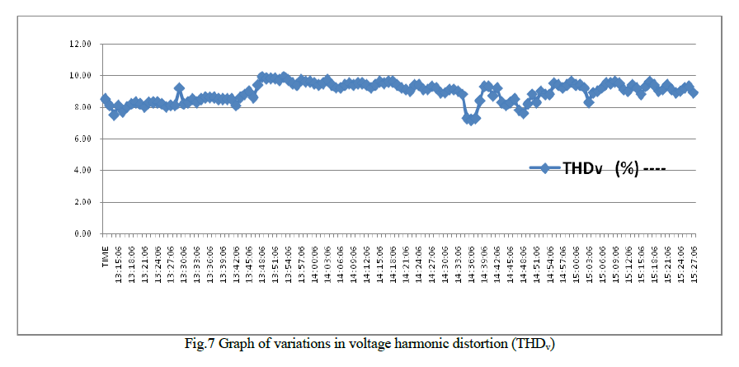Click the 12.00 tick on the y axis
coord(81,44)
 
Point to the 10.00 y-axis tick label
coord(81,75)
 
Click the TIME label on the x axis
coord(106,256)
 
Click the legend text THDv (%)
coord(601,168)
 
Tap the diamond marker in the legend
coord(544,168)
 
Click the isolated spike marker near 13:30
coord(179,88)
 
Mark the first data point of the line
coord(105,99)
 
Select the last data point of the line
coord(694,92)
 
